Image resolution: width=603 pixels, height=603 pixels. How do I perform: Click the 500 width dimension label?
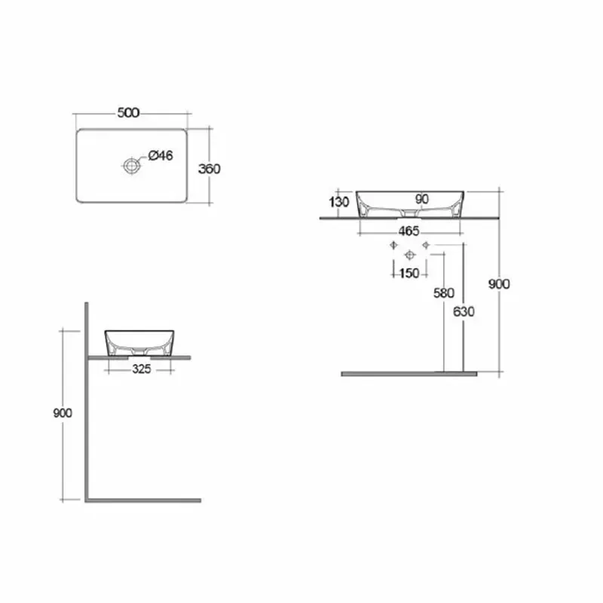129,113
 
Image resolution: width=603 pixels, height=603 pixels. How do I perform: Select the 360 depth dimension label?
209,169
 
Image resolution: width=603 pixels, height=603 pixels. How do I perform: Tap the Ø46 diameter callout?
161,156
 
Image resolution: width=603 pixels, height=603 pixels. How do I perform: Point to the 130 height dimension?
339,201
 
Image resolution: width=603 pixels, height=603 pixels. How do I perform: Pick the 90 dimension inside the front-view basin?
421,199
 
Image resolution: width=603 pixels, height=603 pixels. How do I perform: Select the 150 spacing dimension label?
409,273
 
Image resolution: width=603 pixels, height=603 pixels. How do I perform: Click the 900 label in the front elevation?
500,284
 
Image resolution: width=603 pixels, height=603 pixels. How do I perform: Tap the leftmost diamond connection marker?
392,246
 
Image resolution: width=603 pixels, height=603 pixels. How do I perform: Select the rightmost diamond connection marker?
426,246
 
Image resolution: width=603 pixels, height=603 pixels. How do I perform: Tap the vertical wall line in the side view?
87,399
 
